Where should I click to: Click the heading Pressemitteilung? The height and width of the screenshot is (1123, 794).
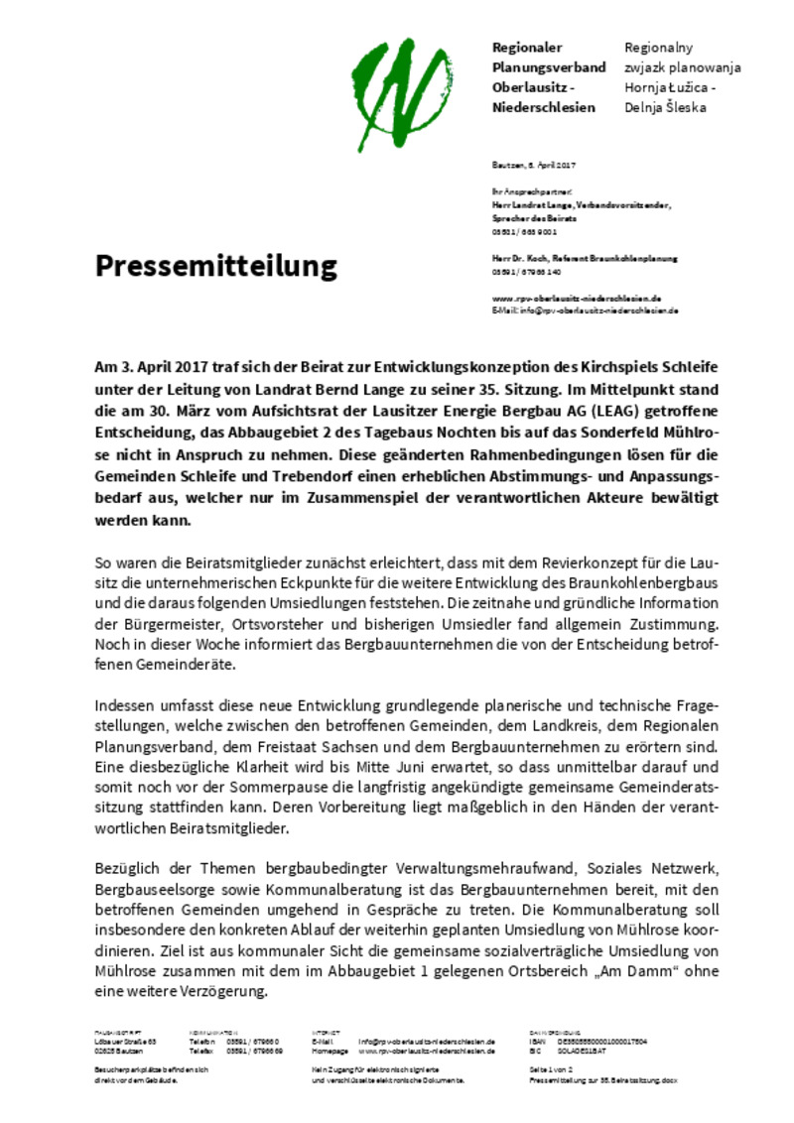tap(215, 266)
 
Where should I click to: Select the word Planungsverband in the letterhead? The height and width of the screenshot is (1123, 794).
tap(549, 67)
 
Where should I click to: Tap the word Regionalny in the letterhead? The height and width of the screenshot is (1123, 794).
tap(658, 48)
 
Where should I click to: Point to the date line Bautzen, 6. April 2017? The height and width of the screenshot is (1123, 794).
tap(534, 164)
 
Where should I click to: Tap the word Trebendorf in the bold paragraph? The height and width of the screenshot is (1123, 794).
tap(292, 455)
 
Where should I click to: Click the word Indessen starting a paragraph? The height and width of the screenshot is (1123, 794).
tap(127, 705)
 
